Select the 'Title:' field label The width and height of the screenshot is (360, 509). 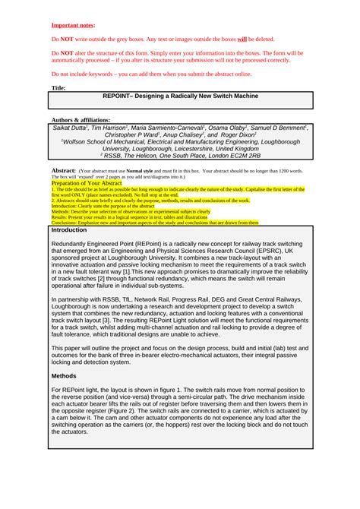tap(58, 88)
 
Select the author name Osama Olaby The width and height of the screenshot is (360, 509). tap(226, 128)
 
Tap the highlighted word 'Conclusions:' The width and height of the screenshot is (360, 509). tap(65, 223)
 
